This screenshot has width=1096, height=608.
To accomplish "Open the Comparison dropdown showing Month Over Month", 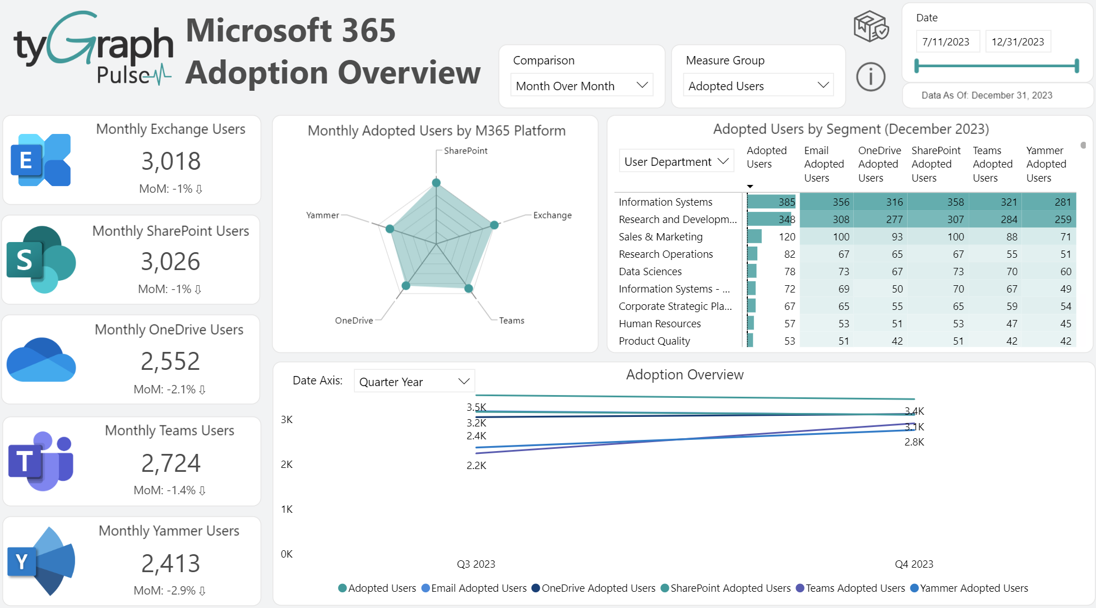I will pyautogui.click(x=581, y=86).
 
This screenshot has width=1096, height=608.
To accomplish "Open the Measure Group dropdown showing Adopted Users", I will pyautogui.click(x=757, y=86).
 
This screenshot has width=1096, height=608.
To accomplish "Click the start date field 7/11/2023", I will pyautogui.click(x=946, y=42).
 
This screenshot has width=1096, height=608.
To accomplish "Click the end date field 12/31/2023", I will pyautogui.click(x=1018, y=42).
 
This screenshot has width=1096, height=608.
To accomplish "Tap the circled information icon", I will pyautogui.click(x=871, y=77).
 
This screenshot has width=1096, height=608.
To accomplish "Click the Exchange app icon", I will pyautogui.click(x=41, y=160).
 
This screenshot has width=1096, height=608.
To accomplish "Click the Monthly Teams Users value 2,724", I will pyautogui.click(x=170, y=463).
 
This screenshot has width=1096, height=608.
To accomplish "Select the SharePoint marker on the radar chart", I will pyautogui.click(x=436, y=183).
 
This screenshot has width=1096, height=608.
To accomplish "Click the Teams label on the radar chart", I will pyautogui.click(x=511, y=321).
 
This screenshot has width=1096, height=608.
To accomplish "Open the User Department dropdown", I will pyautogui.click(x=676, y=162).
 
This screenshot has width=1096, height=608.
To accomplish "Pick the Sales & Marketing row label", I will pyautogui.click(x=660, y=237).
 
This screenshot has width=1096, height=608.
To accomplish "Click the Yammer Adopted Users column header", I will pyautogui.click(x=1046, y=164).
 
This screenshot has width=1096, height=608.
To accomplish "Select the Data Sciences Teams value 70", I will pyautogui.click(x=1011, y=272).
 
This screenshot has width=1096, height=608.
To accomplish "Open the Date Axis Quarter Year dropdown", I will pyautogui.click(x=414, y=382).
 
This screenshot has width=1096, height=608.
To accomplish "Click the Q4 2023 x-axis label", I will pyautogui.click(x=913, y=564).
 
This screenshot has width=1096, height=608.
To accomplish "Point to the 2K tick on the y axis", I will pyautogui.click(x=286, y=465).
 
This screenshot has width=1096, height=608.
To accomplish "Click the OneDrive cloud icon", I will pyautogui.click(x=41, y=360).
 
